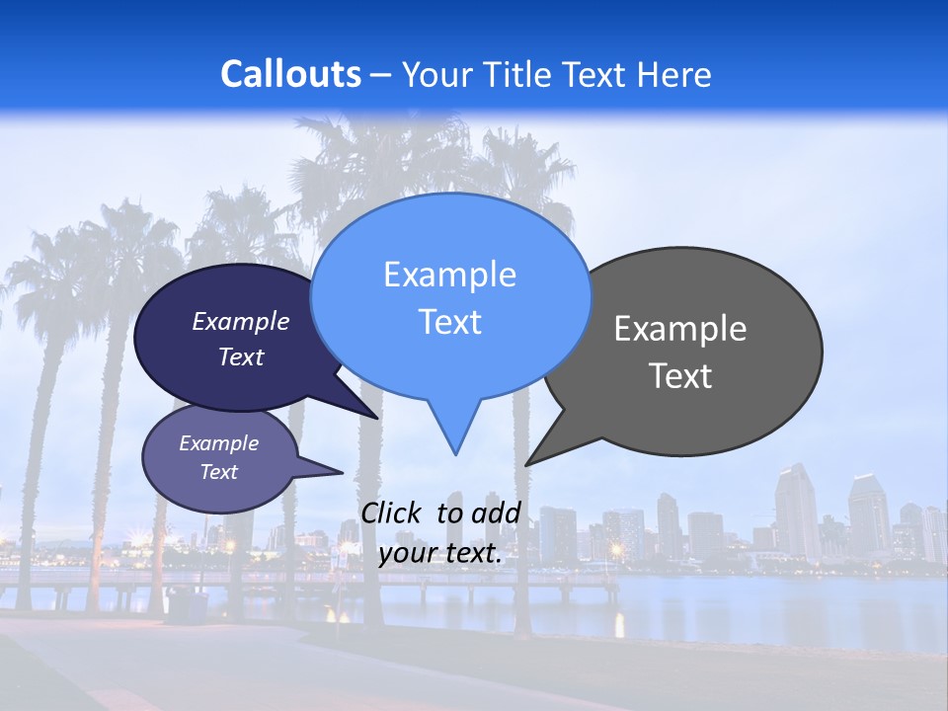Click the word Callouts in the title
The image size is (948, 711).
pos(290,74)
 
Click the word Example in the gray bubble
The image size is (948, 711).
pos(680,329)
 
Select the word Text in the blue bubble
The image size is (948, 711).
pos(450,322)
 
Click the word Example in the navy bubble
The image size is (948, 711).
pos(241,321)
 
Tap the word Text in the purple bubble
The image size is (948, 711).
pos(218,472)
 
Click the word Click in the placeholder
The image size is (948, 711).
pos(393,513)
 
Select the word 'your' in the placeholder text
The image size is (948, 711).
pos(408,554)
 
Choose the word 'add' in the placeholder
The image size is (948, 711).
pos(496,513)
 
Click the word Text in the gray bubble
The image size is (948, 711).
pos(680,376)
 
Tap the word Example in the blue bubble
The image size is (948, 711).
pos(450,275)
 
